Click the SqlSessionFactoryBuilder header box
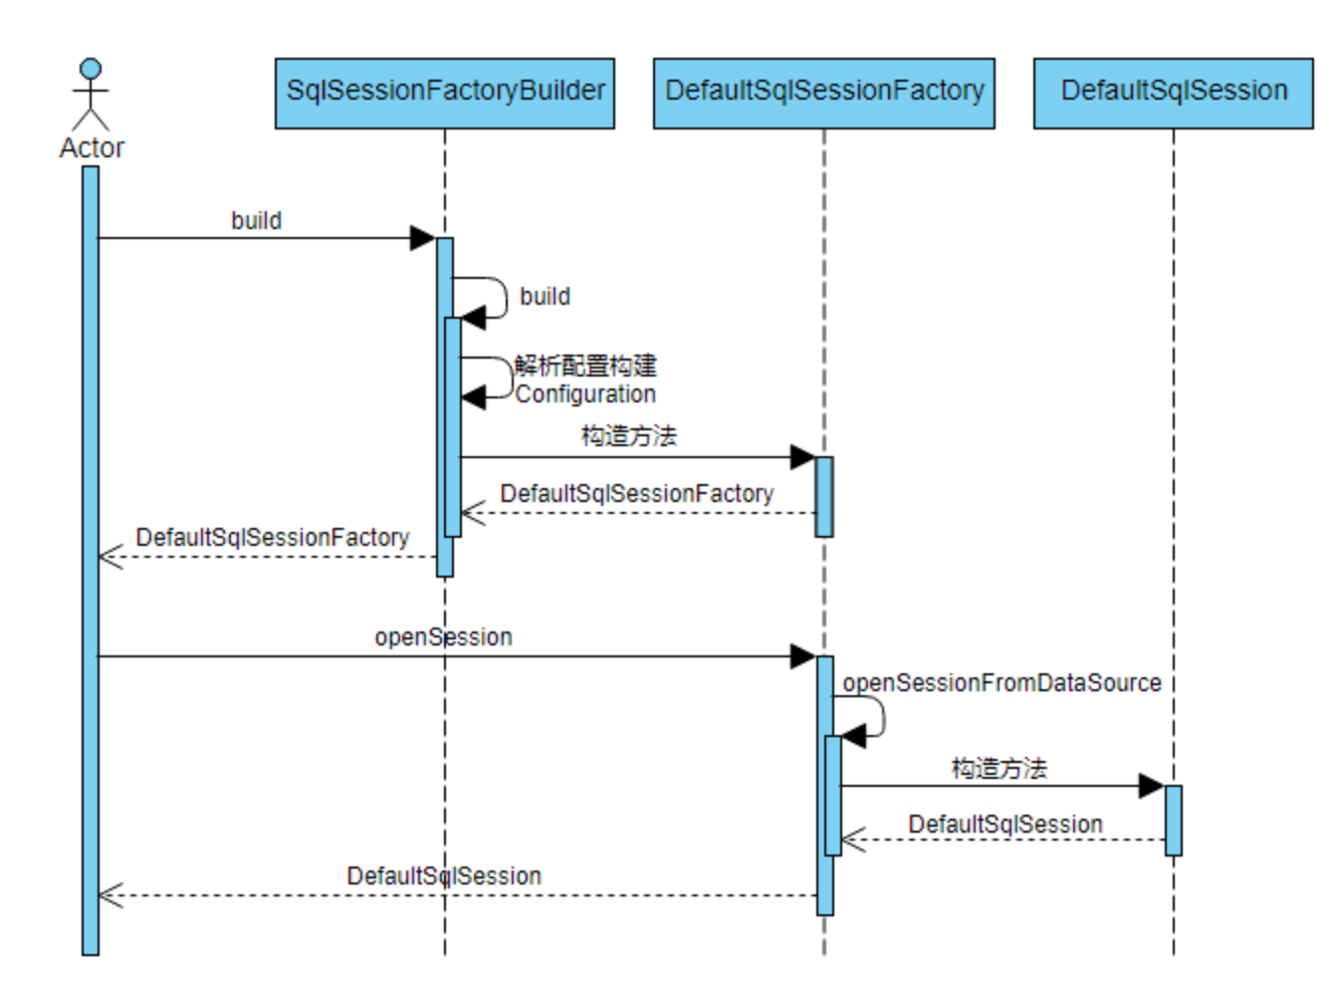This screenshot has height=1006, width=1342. tap(444, 94)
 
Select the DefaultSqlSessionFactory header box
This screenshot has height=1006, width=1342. tap(824, 94)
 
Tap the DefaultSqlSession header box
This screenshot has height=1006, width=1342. tap(1174, 94)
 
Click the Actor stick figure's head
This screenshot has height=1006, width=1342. tap(92, 69)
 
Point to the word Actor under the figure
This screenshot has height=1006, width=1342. tap(92, 148)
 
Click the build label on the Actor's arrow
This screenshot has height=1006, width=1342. tap(256, 221)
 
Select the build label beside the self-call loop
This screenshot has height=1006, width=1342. tap(545, 297)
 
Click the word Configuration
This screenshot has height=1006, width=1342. tap(585, 394)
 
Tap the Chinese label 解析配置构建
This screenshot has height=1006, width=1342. tap(585, 366)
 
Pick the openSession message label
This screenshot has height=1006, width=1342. tap(443, 637)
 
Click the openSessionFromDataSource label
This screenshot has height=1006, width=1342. tap(1003, 682)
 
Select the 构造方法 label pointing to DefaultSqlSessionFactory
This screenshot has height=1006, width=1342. tap(629, 436)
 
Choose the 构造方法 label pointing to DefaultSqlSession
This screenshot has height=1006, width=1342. tap(1000, 768)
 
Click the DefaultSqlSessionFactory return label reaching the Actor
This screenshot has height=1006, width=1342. tap(273, 538)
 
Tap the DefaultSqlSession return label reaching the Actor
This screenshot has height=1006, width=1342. tap(444, 876)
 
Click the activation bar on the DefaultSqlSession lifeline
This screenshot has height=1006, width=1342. tap(1174, 820)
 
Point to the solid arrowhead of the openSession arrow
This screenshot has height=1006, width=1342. tap(803, 656)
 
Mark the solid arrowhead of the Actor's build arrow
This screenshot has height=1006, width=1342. tap(422, 238)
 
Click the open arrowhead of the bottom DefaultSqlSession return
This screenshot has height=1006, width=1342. tap(111, 895)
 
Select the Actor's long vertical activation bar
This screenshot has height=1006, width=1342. tap(91, 560)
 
